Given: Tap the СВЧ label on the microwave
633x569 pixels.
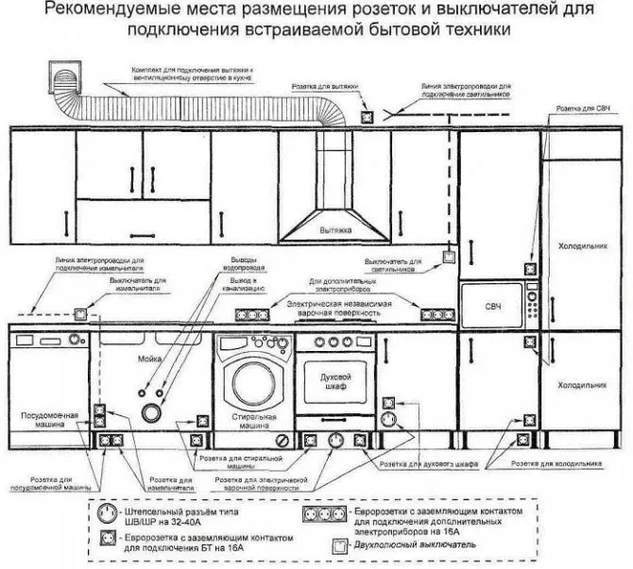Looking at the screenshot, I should [x=492, y=309].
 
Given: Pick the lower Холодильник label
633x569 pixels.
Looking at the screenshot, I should [x=580, y=386].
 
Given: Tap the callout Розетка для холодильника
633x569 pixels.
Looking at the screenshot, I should [x=564, y=464].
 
